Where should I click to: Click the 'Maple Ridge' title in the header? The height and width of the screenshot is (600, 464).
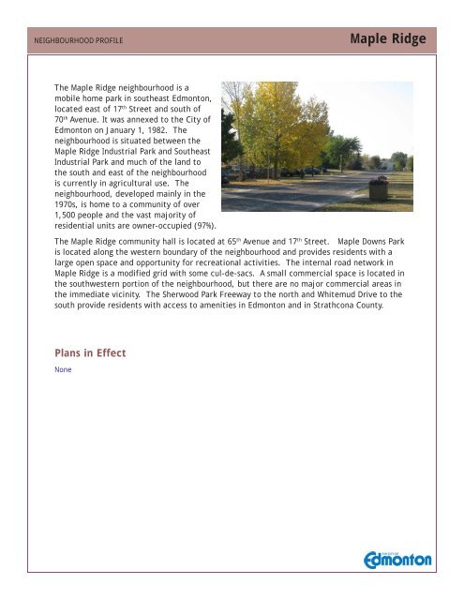point(387,39)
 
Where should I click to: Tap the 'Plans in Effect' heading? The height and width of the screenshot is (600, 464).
point(90,353)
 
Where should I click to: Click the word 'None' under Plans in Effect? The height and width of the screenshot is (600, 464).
point(63,370)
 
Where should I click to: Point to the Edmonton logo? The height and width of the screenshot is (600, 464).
point(397,559)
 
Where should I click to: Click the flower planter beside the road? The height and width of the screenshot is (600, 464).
point(378,188)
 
